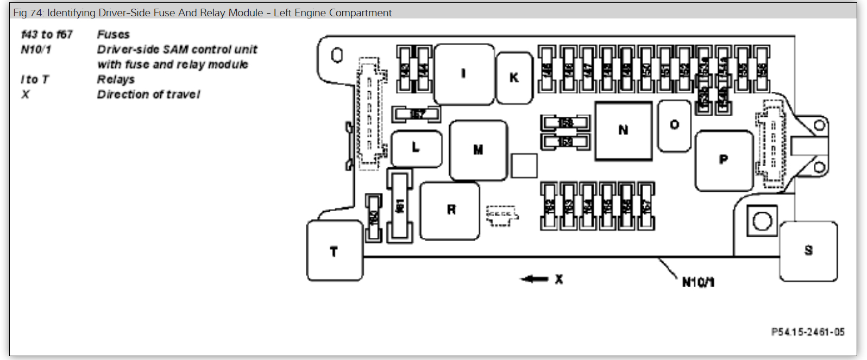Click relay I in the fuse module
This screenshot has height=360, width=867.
[x=464, y=74]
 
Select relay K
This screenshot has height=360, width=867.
[x=514, y=78]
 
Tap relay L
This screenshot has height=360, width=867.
[x=416, y=148]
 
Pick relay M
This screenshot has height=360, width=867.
[x=478, y=150]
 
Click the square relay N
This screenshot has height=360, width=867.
[x=623, y=130]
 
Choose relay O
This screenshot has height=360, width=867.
[x=674, y=125]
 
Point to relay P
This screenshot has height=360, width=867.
[x=724, y=160]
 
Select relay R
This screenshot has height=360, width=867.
[x=450, y=210]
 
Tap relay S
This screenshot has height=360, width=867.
[x=808, y=250]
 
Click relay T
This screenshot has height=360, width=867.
[x=334, y=251]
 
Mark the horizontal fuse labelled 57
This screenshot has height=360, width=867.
[x=417, y=114]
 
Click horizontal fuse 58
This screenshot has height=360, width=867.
[x=565, y=123]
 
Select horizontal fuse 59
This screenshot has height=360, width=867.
[x=565, y=142]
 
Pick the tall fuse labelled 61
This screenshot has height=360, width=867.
[x=400, y=206]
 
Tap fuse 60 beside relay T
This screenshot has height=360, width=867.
[x=373, y=218]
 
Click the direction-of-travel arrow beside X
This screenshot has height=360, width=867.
[x=535, y=279]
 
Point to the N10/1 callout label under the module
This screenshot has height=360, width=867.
[x=698, y=282]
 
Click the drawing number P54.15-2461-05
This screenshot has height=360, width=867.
[x=808, y=332]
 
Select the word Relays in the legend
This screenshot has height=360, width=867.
[x=116, y=79]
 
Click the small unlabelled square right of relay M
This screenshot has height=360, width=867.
[x=524, y=166]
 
